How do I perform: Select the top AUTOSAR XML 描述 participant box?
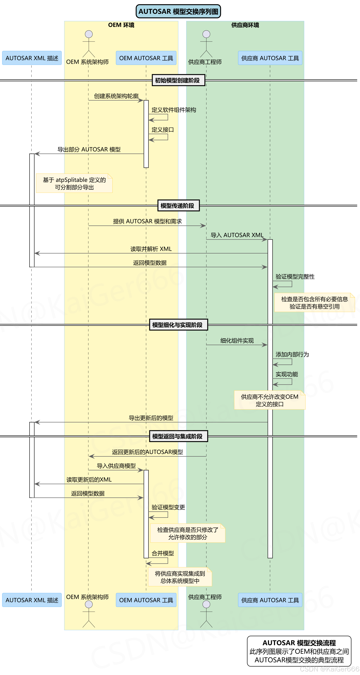32,58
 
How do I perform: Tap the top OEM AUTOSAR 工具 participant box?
146,58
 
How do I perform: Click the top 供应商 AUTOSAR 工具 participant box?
270,58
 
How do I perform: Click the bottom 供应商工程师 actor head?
206,604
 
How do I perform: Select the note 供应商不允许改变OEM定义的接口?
270,400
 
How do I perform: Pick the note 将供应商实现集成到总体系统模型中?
180,577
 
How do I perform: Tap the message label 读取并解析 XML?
151,249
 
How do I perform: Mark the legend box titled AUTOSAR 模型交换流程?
299,651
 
